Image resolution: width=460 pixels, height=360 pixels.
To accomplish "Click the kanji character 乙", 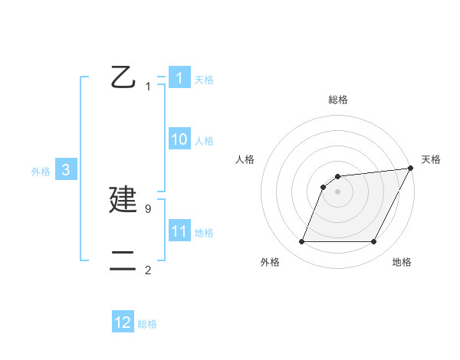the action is tap(123, 77).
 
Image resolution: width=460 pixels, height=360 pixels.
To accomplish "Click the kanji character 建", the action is tap(123, 201).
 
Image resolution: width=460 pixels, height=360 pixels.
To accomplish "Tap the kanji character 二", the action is tap(123, 261).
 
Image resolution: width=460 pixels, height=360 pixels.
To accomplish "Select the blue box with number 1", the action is tap(179, 78).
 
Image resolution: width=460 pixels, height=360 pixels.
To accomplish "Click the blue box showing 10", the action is tap(179, 139).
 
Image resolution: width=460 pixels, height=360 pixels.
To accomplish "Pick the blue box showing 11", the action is tap(179, 231).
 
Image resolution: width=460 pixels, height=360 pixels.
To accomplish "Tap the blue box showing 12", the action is tap(123, 322).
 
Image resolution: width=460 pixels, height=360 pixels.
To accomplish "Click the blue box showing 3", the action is tap(66, 170).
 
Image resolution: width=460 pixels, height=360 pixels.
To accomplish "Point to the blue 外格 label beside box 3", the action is tap(41, 172).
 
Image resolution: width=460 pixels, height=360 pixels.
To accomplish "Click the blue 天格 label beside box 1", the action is tap(204, 80).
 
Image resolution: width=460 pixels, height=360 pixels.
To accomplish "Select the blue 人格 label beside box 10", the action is tap(204, 141).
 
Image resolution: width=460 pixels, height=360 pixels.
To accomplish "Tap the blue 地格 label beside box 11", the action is tap(204, 233).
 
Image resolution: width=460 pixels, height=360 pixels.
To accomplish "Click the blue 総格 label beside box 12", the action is tap(147, 324).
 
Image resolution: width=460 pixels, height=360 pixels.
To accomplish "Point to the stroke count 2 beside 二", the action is tap(147, 270).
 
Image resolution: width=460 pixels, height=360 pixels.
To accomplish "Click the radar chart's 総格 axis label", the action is tap(337, 100).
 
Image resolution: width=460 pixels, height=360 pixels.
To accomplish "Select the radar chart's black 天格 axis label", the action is tap(431, 159).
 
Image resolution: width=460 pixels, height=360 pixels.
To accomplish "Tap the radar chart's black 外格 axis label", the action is tap(270, 262).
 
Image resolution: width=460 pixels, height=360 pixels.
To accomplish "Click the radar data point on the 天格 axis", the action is tap(411, 169).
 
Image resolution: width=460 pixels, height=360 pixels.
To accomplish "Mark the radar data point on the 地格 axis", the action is tap(374, 242).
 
